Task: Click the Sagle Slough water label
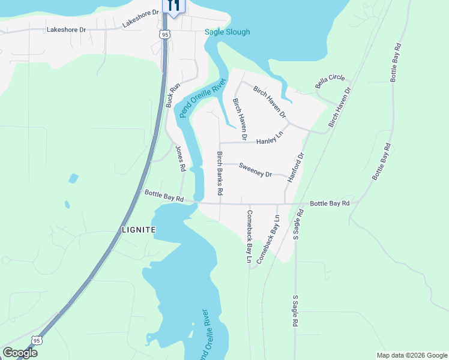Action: coord(227,32)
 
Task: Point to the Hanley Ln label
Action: coord(269,140)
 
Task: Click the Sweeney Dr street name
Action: coord(255,170)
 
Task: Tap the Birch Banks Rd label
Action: coord(220,173)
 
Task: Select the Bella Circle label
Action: coord(330,82)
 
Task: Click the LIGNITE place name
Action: coord(137,230)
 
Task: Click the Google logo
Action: coord(20,353)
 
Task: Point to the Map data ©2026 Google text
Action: coord(412,355)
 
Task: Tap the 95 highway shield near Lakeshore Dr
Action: coord(165,35)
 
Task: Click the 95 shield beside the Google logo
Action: coord(37,340)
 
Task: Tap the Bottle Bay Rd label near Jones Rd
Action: coord(163,196)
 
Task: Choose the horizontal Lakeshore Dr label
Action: coord(67,29)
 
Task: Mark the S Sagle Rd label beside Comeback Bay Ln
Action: coord(296,223)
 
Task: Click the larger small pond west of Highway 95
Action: coord(73,178)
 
